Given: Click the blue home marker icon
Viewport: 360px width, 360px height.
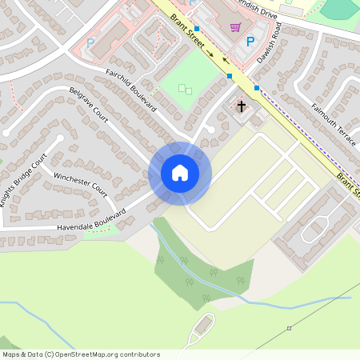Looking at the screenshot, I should [180, 173].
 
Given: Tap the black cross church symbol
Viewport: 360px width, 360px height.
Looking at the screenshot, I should [241, 106].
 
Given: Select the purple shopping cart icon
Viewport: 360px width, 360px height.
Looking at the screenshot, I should [235, 27].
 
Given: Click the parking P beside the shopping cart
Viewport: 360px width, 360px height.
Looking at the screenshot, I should [251, 42].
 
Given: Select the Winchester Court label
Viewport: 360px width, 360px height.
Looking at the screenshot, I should [80, 184].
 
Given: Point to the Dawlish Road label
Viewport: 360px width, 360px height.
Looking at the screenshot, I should [270, 48].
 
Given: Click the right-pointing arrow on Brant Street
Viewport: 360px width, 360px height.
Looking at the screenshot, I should [210, 54].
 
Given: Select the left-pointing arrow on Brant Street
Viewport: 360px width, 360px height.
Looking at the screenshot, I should [225, 60].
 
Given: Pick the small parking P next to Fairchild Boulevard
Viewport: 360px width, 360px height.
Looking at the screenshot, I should [90, 42].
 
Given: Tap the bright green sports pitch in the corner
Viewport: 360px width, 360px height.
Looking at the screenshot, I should [342, 8].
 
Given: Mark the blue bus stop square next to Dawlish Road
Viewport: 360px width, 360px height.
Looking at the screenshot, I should [257, 88].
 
